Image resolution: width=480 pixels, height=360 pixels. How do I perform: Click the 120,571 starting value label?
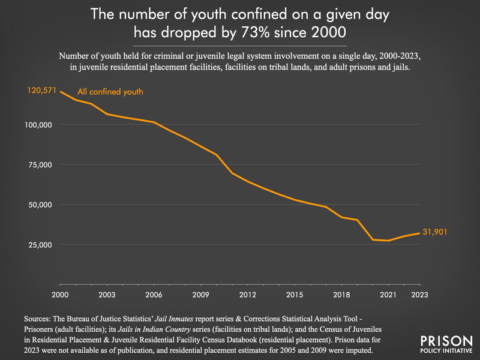pos(42,91)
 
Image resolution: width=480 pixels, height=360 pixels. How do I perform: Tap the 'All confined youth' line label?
pos(110,92)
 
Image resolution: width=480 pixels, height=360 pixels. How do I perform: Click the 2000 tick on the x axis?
pos(61,294)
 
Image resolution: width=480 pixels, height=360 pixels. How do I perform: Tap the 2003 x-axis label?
pos(107,294)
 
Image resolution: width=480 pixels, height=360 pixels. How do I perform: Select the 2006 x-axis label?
pos(154,294)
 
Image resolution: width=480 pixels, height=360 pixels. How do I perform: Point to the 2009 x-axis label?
pos(201,294)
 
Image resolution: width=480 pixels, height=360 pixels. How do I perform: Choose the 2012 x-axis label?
pos(247,294)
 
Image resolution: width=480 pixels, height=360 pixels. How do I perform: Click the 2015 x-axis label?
pos(294,294)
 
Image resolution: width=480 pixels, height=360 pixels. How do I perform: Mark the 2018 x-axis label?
pos(341,294)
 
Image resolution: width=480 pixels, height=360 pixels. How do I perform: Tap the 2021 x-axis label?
pos(388,294)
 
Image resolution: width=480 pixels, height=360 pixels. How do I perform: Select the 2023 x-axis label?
pos(419,294)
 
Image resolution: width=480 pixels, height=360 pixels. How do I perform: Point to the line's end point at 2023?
pos(419,233)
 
